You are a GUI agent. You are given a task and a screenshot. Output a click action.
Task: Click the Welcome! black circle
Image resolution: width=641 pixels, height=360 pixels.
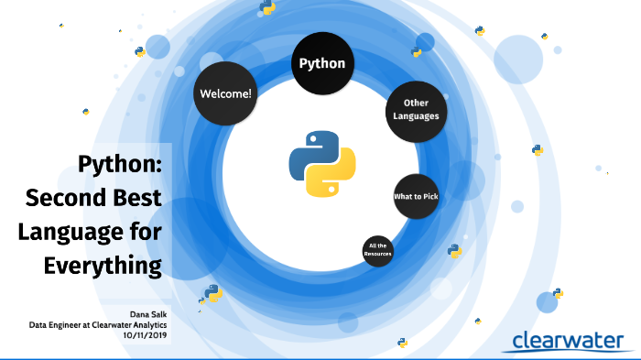(226, 93)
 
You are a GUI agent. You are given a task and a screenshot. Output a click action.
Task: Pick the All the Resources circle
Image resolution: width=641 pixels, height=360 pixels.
(378, 250)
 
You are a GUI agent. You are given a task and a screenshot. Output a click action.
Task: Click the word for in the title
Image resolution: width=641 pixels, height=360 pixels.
(145, 231)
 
